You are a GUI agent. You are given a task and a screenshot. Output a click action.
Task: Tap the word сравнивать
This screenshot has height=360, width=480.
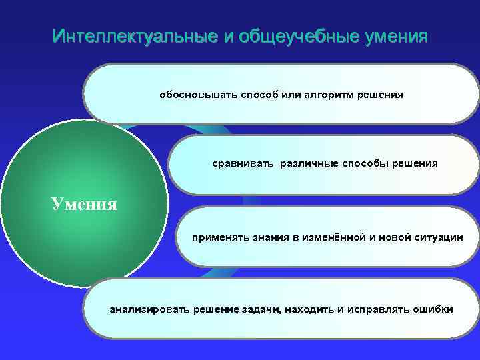tap(243, 163)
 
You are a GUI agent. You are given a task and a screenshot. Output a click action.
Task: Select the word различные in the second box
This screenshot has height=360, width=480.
tap(307, 163)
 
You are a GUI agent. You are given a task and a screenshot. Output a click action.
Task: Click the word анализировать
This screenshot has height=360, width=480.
tap(149, 309)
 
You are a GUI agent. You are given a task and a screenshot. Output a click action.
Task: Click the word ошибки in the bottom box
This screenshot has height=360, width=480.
tap(433, 309)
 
